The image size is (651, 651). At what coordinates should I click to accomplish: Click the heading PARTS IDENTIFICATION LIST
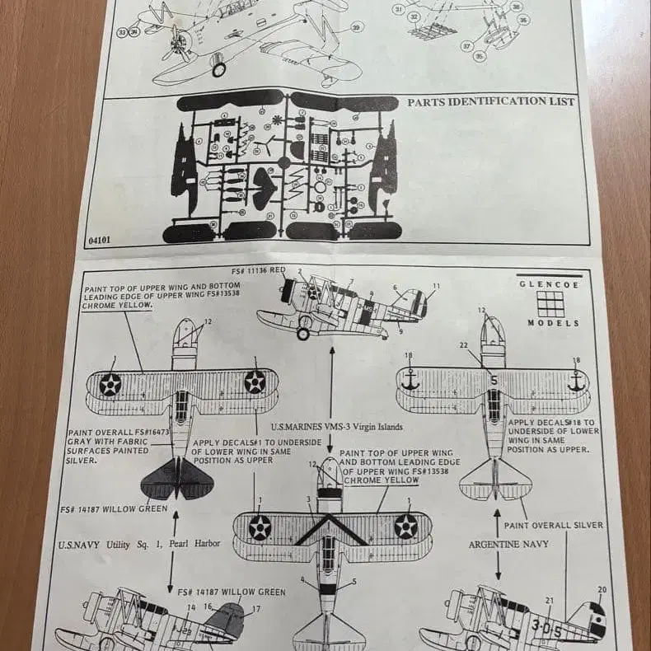[491, 102]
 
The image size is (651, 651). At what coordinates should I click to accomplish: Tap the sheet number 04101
[98, 241]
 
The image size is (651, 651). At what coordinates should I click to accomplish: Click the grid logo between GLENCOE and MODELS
[550, 303]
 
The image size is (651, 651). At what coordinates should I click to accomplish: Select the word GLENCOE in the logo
[549, 284]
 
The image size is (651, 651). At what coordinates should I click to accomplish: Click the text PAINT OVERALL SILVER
[559, 525]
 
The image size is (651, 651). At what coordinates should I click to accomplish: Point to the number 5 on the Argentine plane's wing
[494, 381]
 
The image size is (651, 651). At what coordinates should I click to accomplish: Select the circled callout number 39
[356, 28]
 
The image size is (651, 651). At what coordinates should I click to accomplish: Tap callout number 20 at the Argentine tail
[602, 590]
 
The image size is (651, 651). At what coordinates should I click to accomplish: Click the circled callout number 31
[398, 9]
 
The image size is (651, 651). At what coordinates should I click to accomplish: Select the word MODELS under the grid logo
[554, 323]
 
